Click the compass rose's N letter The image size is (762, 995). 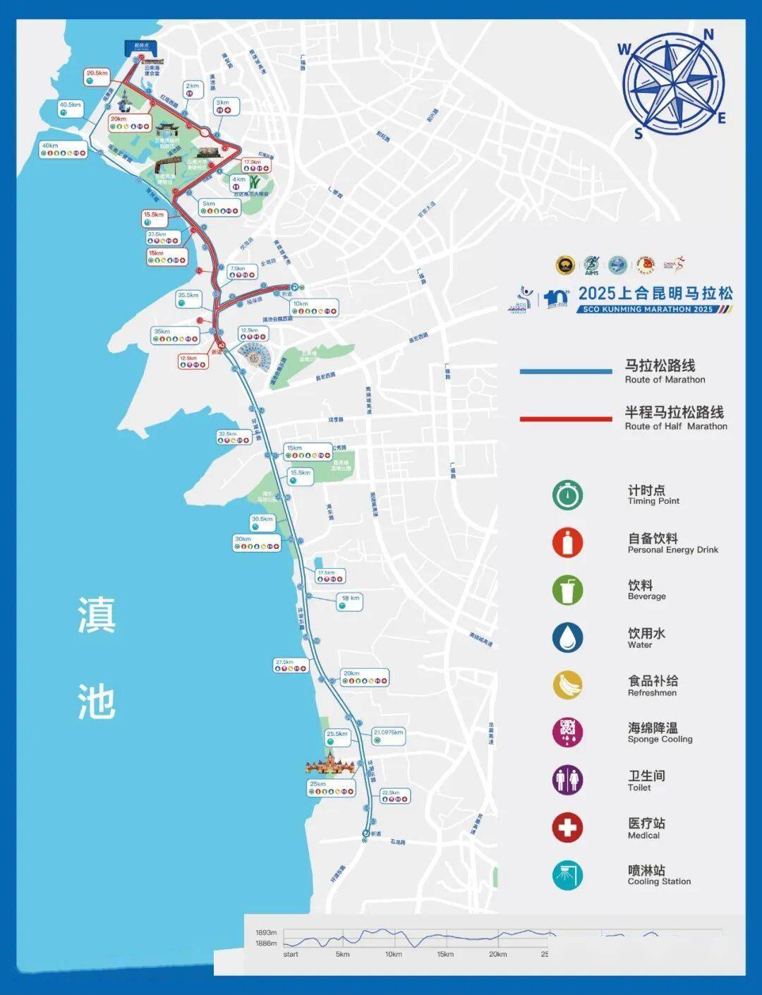tap(708, 35)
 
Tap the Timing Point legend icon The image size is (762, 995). tap(567, 495)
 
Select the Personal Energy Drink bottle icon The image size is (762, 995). tap(567, 543)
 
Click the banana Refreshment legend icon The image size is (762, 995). tap(567, 685)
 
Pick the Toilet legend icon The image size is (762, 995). tap(567, 780)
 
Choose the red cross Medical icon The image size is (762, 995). tap(567, 827)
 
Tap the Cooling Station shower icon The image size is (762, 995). tap(567, 875)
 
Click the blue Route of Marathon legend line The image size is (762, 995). tap(566, 371)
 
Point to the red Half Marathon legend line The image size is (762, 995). tap(566, 418)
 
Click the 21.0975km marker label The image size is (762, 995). tap(389, 732)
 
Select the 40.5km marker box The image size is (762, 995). tap(71, 108)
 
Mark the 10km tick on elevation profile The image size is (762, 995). tap(393, 954)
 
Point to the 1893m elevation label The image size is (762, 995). tap(266, 932)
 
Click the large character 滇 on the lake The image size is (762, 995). tap(97, 615)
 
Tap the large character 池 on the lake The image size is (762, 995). tap(97, 701)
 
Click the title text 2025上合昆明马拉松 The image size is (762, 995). tap(655, 293)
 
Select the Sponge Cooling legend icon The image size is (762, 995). tap(567, 732)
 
